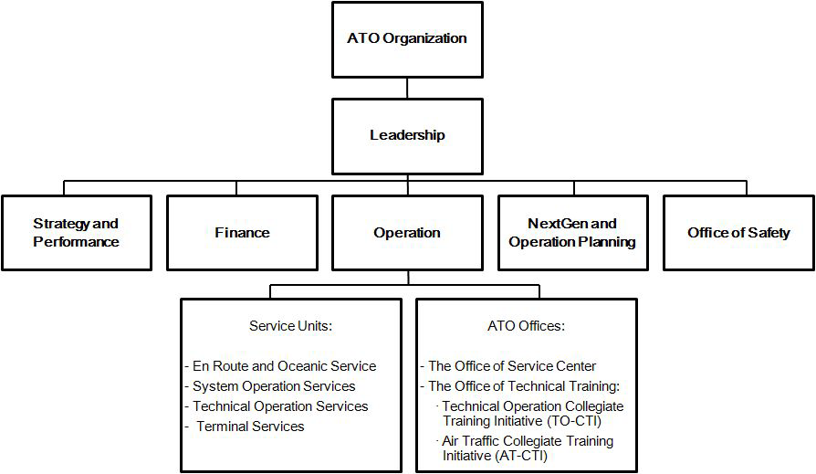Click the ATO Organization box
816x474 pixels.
407,39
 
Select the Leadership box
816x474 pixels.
407,136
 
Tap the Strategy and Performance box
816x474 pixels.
77,233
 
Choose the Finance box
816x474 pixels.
242,233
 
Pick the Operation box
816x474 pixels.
407,233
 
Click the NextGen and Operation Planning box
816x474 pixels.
573,233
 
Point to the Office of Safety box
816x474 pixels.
738,233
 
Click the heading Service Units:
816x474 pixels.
290,326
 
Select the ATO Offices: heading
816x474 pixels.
526,326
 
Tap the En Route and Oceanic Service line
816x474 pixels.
284,366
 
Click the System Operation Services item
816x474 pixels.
274,386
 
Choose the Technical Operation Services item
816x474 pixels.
280,406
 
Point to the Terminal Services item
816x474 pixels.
250,427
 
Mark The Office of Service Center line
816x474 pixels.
512,366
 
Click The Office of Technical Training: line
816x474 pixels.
524,386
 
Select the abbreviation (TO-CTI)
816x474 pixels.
574,421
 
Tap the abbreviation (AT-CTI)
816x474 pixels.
521,456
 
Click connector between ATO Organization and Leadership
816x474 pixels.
407,89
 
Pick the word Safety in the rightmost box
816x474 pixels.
769,234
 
